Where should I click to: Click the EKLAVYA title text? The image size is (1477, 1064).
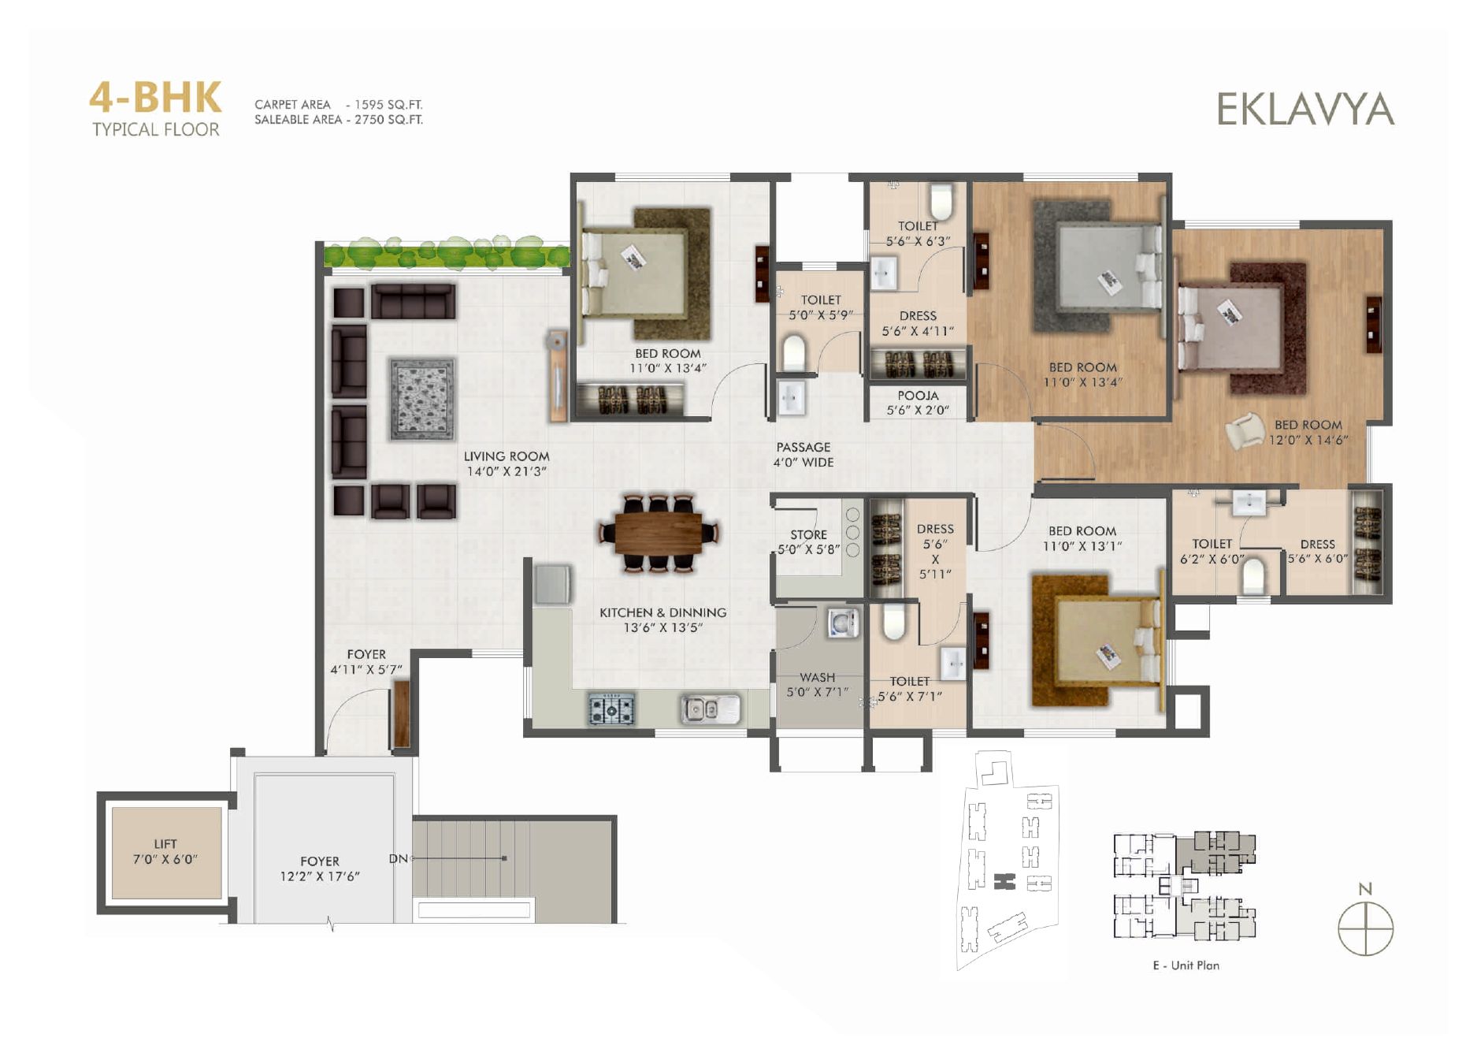[1305, 110]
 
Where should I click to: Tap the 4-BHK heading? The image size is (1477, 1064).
[155, 98]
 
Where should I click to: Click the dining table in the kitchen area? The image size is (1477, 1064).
[659, 532]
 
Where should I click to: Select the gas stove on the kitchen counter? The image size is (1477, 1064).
[611, 709]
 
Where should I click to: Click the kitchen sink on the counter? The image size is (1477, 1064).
[710, 708]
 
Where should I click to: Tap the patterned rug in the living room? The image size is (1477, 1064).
[422, 399]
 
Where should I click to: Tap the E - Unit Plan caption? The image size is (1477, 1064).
[1186, 965]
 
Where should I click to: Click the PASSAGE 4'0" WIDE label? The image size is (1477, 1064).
[803, 455]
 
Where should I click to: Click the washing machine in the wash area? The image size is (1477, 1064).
[842, 623]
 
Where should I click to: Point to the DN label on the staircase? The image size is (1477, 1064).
[398, 858]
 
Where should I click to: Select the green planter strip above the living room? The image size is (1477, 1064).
[447, 252]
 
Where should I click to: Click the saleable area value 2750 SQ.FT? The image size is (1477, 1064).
[388, 120]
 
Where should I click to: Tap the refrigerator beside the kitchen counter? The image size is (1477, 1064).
[552, 584]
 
